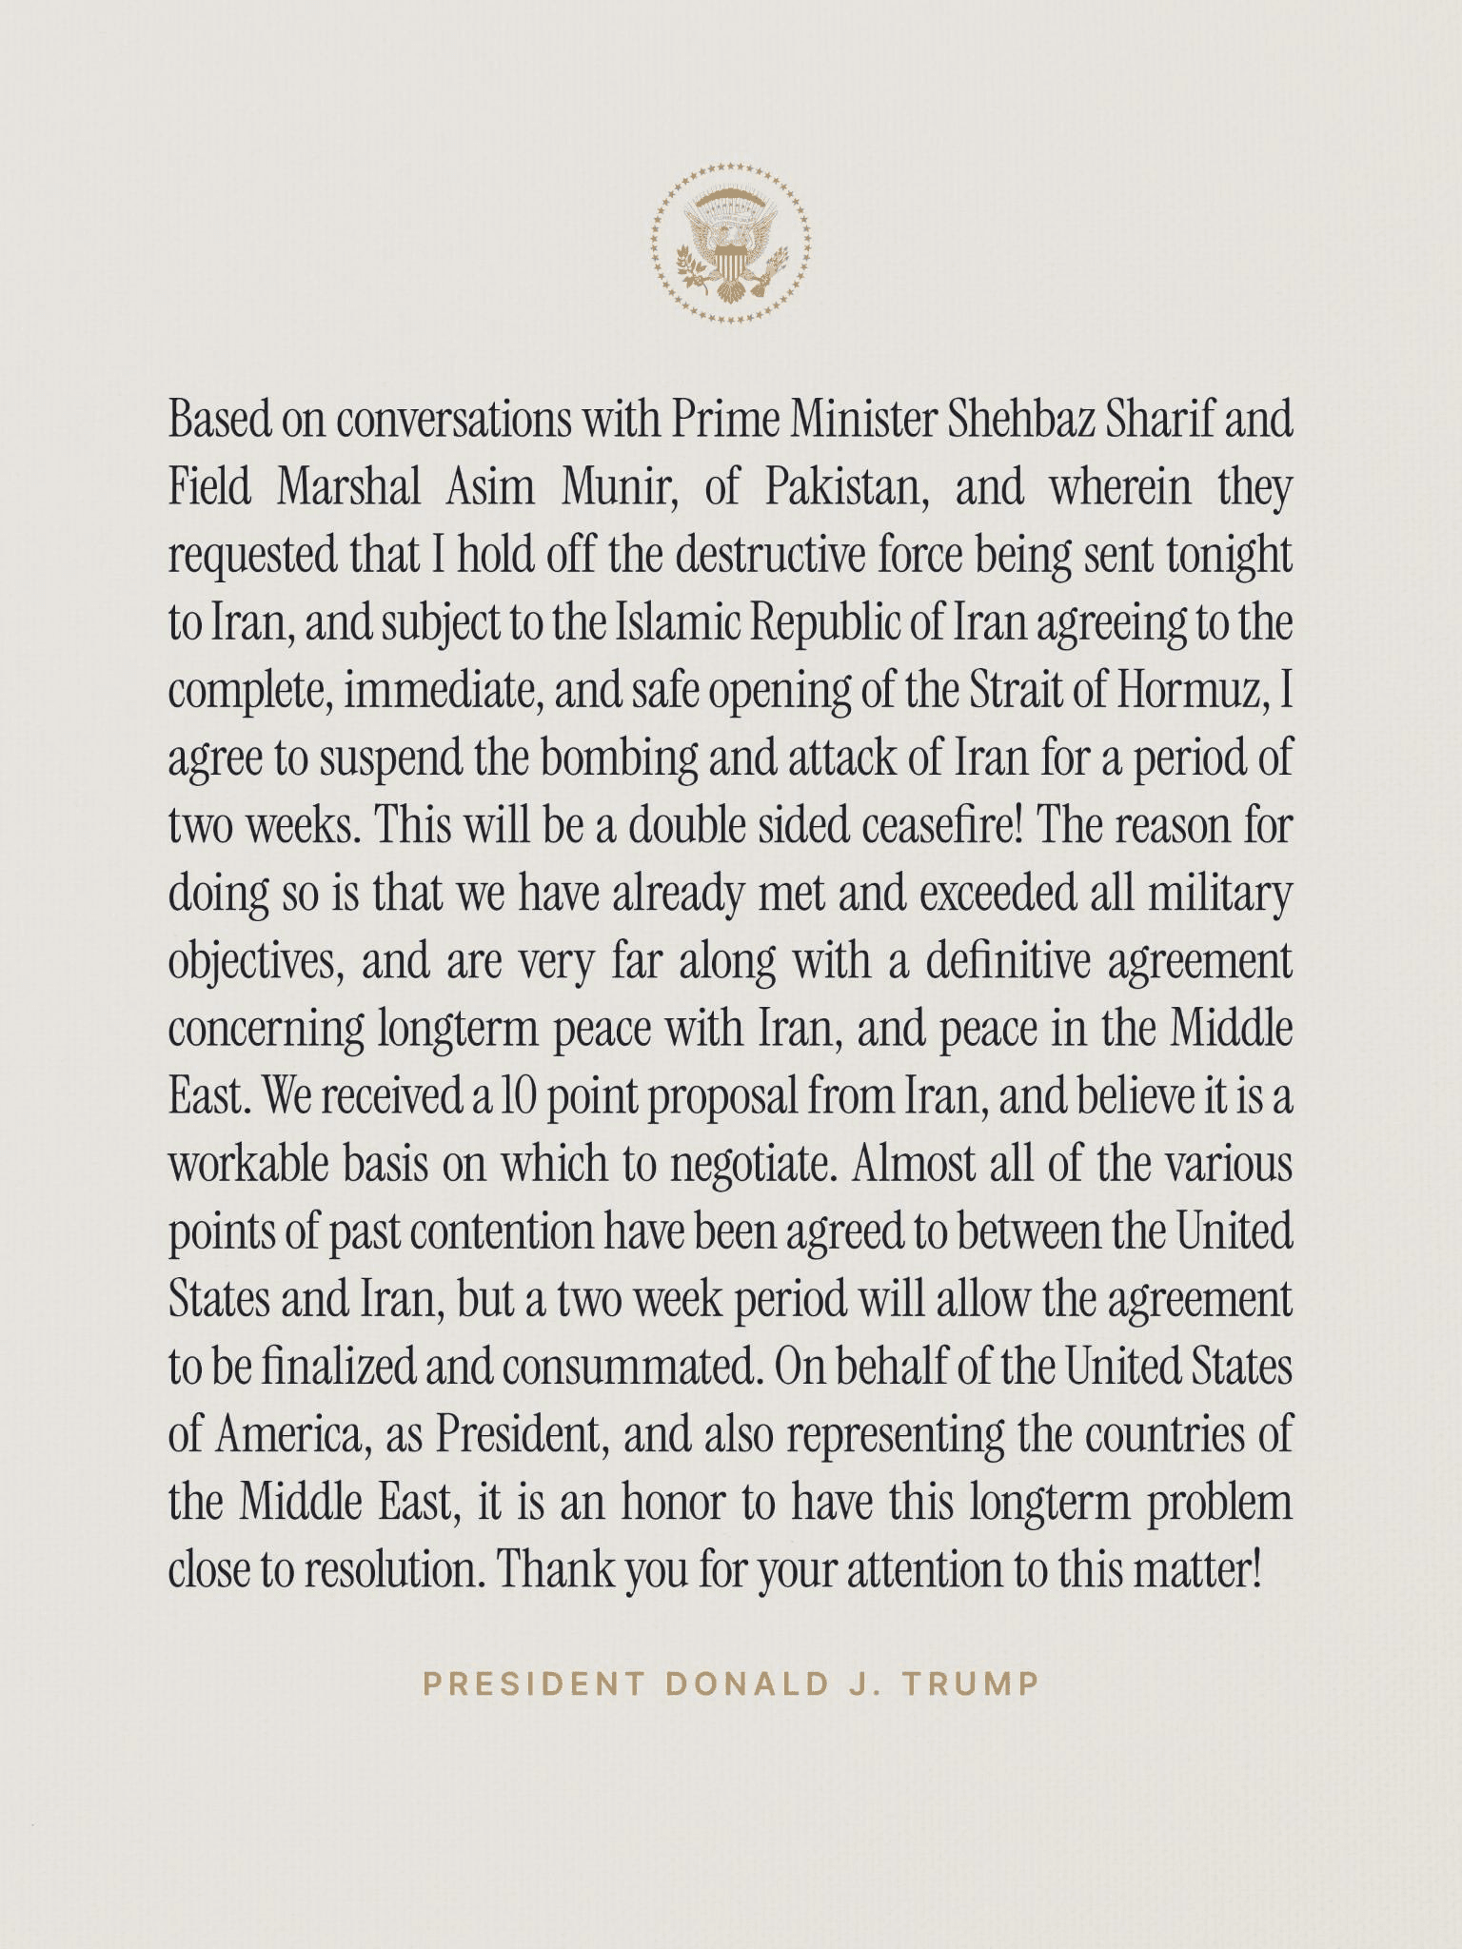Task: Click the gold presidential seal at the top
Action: (x=731, y=243)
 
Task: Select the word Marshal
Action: (x=349, y=488)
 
